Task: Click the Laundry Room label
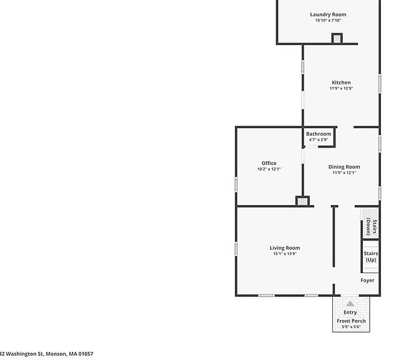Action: pos(328,14)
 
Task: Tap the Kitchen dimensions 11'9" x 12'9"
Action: pos(341,88)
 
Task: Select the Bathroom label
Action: pos(319,134)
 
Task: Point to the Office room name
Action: pos(269,163)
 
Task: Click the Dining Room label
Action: pos(344,167)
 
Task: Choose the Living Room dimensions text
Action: pos(285,254)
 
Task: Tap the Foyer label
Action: pos(367,281)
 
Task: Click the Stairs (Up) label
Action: pos(371,257)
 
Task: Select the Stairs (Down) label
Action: pos(372,227)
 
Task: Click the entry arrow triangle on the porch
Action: pos(350,304)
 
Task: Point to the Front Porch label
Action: pos(351,321)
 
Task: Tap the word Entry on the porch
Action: pos(350,312)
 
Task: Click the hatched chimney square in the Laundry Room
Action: pos(337,39)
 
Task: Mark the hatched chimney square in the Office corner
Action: pos(302,201)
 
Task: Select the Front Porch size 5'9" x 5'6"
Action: pos(351,327)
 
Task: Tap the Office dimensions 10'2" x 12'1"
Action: pos(269,169)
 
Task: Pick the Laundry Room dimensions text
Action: pos(328,21)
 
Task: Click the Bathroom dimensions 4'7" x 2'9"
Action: pos(319,140)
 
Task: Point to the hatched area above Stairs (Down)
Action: pos(369,214)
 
